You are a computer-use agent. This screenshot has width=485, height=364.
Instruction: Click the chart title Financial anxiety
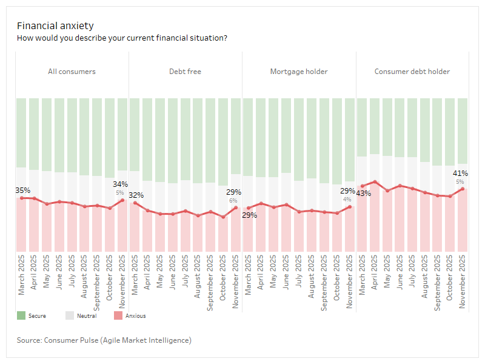(x=55, y=25)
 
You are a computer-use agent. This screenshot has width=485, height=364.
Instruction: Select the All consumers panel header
(x=72, y=72)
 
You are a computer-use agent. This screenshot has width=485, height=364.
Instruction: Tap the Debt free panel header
(x=185, y=72)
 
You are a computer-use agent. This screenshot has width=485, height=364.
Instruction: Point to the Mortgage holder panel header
(x=299, y=72)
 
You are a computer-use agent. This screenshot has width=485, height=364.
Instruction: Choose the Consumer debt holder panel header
(x=412, y=72)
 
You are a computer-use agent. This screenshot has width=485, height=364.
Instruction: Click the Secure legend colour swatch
(x=21, y=315)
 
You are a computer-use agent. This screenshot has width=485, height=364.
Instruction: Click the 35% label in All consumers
(x=22, y=190)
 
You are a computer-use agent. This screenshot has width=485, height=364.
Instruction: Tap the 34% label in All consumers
(x=120, y=184)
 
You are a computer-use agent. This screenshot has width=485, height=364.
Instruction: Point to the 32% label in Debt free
(x=136, y=195)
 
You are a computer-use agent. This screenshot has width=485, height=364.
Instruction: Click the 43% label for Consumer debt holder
(x=363, y=194)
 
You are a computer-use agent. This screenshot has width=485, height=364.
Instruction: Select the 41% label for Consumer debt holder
(x=460, y=174)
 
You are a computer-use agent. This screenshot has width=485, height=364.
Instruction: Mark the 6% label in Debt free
(x=233, y=201)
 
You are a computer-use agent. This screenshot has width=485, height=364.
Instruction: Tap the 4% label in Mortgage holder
(x=347, y=199)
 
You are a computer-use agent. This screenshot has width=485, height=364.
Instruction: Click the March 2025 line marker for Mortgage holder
(x=249, y=208)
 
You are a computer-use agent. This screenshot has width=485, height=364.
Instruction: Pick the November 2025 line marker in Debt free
(x=236, y=207)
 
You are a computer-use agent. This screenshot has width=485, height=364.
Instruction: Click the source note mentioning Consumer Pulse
(x=104, y=340)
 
